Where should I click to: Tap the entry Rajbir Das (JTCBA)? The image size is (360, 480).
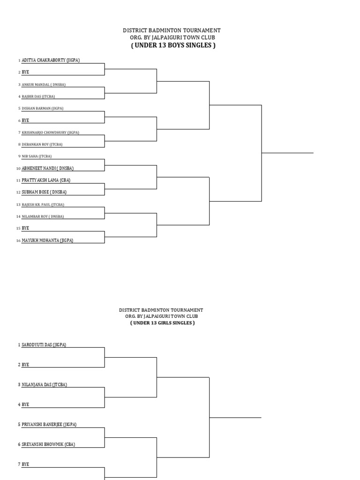[38, 97]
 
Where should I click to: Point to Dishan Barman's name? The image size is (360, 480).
[43, 108]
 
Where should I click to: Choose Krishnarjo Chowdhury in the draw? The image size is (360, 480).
[50, 133]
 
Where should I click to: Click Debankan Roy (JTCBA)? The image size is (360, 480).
[42, 144]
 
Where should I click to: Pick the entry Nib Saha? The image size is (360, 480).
[37, 156]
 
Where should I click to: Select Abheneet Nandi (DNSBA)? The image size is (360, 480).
[47, 168]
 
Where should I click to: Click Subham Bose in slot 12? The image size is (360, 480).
[44, 192]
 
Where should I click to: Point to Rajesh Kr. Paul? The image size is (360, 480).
[43, 204]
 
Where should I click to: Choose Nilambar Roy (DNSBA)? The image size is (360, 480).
[43, 217]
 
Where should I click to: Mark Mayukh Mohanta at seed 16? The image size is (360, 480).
[47, 240]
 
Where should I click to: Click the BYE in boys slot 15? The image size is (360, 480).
[25, 228]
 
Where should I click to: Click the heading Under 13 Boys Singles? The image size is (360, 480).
[173, 45]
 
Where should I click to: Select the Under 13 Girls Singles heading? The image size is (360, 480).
[162, 323]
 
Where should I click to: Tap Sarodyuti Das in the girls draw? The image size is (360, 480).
[44, 345]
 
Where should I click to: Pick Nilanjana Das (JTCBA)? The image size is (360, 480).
[44, 385]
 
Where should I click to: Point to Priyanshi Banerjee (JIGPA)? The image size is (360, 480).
[49, 425]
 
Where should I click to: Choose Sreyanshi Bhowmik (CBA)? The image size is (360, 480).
[48, 444]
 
